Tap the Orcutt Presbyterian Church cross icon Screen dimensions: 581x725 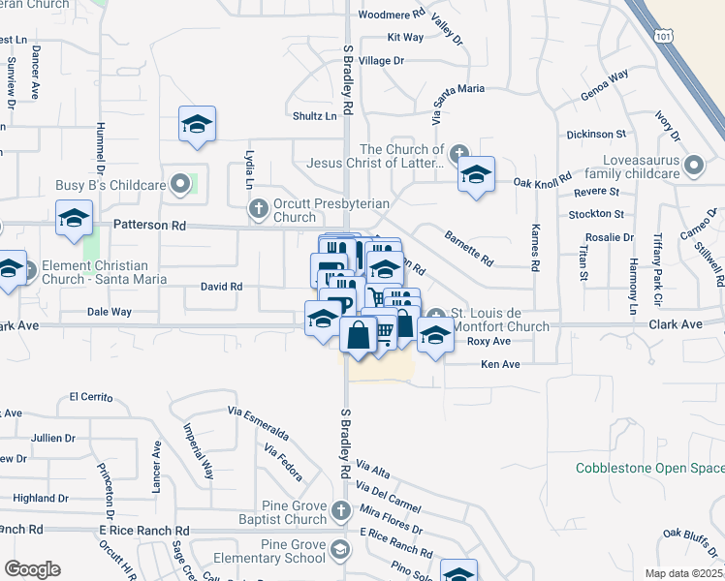[258, 207]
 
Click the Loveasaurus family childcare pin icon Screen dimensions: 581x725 [693, 166]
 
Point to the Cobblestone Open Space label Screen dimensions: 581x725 [649, 468]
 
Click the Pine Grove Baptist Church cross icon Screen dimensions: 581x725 [339, 509]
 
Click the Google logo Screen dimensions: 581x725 [32, 569]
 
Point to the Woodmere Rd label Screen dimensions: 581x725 [392, 15]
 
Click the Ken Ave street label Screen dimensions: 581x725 [502, 364]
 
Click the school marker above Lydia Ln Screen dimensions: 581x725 [197, 125]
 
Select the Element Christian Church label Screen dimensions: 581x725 [94, 272]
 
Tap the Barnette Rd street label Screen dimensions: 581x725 [468, 248]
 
